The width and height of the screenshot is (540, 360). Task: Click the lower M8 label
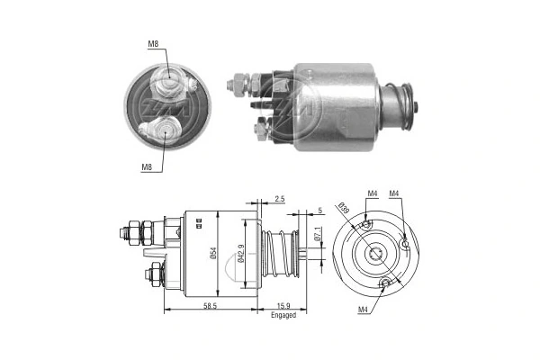pyautogui.click(x=146, y=166)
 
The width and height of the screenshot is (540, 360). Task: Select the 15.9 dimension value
pyautogui.click(x=283, y=307)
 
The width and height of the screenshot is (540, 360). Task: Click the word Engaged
pyautogui.click(x=283, y=316)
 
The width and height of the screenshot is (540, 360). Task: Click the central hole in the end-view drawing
pyautogui.click(x=376, y=255)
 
